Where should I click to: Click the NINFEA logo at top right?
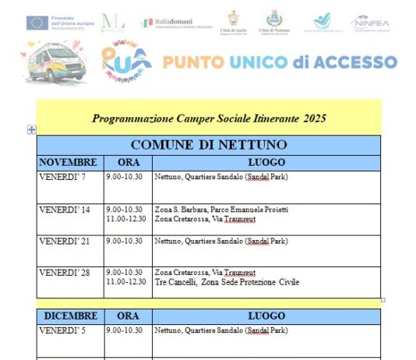click(x=370, y=23)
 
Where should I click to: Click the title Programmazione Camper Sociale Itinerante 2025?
click(x=209, y=119)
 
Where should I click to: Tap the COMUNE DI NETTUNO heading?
click(x=209, y=145)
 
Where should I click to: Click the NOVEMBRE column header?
click(x=69, y=163)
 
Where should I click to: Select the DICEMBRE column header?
click(x=70, y=316)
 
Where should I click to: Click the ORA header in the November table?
click(x=127, y=163)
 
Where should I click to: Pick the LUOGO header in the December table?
click(x=266, y=316)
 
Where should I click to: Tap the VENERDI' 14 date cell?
click(x=65, y=210)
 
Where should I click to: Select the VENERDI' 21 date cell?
click(x=65, y=241)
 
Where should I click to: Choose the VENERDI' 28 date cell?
click(x=65, y=273)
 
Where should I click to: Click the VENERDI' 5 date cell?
click(x=63, y=331)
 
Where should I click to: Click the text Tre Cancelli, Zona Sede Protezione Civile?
click(x=227, y=282)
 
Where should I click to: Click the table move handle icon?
click(x=31, y=130)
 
